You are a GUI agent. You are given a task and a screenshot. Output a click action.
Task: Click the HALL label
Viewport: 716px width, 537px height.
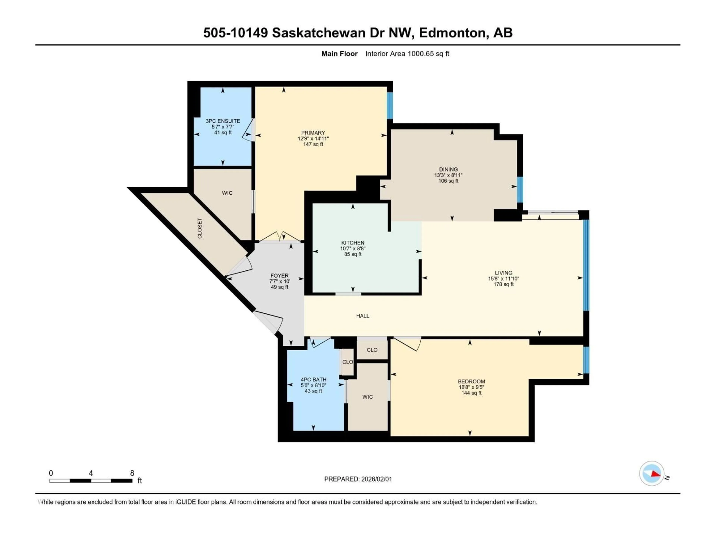[x=362, y=316]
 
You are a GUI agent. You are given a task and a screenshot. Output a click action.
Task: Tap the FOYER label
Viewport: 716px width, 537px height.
[x=279, y=276]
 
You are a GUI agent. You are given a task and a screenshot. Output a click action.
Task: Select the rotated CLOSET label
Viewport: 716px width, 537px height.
[x=200, y=228]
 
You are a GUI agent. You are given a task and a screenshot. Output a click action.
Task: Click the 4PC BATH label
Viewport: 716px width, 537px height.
[x=313, y=380]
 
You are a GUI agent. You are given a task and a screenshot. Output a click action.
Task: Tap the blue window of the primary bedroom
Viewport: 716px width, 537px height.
[x=390, y=106]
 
